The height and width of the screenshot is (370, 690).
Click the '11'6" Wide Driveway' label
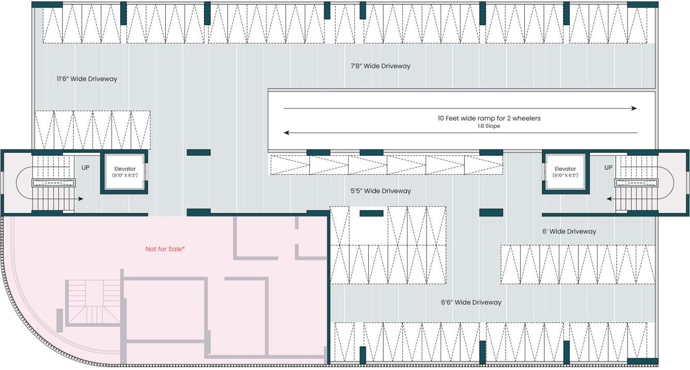click(87, 79)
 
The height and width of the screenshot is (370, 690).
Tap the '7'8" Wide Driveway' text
click(380, 66)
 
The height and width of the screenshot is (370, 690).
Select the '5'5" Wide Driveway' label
click(381, 191)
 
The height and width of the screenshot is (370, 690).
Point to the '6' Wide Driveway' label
click(569, 232)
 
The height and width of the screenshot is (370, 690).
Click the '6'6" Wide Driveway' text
click(471, 302)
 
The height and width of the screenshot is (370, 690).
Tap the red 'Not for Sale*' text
click(165, 249)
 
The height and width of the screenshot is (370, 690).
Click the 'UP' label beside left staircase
click(86, 167)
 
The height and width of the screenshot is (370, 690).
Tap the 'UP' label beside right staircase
click(608, 167)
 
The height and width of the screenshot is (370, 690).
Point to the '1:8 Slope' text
click(489, 126)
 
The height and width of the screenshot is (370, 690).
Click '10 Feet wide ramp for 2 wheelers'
click(489, 118)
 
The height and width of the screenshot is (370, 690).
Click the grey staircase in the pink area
click(93, 302)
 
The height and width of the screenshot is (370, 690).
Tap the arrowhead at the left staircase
click(81, 198)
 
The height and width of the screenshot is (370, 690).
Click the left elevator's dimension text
click(124, 176)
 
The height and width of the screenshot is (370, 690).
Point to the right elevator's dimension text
click(565, 176)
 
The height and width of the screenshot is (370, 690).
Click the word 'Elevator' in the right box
click(565, 169)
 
